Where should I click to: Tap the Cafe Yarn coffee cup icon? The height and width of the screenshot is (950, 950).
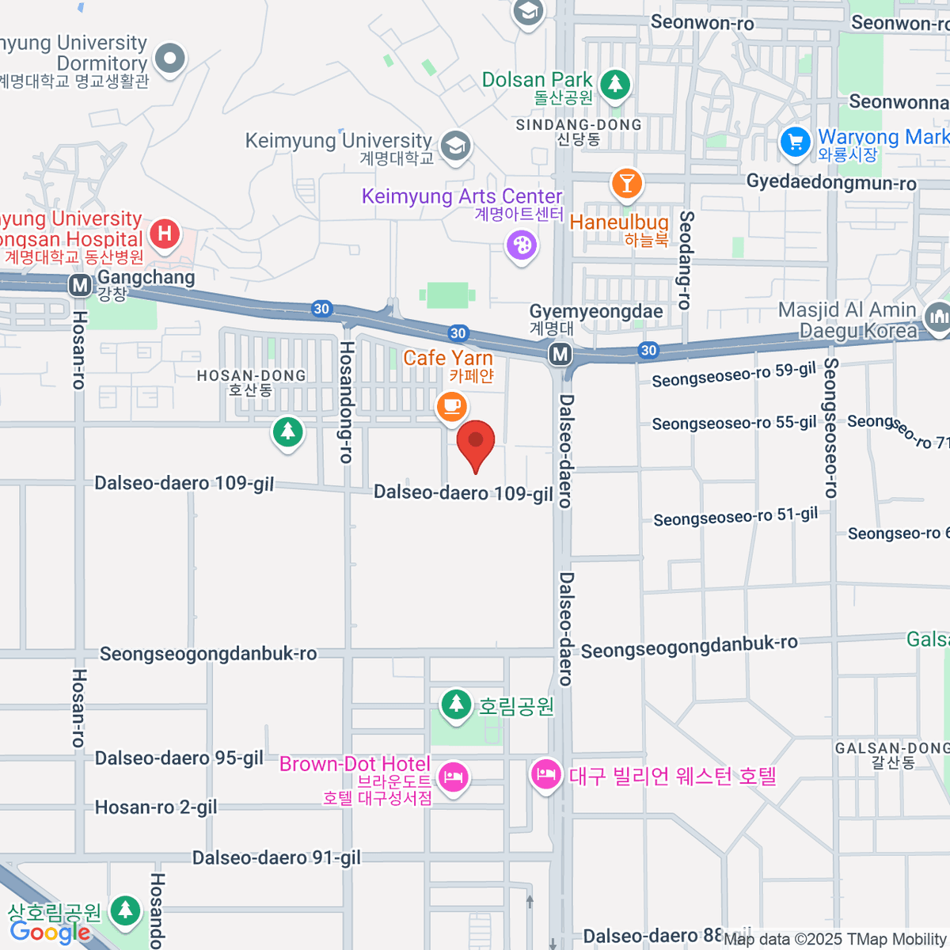[451, 406]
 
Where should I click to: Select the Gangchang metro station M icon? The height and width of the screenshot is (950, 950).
[80, 284]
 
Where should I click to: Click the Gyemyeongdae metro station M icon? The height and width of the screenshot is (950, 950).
[560, 354]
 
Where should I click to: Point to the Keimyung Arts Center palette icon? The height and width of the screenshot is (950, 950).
[522, 245]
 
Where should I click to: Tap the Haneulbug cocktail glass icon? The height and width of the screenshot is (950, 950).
[627, 184]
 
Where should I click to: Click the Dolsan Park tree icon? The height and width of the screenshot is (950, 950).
[614, 83]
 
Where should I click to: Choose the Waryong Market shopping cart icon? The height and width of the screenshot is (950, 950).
[796, 142]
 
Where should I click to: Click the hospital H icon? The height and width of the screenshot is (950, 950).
[165, 234]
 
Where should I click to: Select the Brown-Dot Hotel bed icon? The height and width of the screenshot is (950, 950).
[453, 777]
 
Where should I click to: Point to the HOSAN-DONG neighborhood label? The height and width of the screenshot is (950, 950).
[251, 382]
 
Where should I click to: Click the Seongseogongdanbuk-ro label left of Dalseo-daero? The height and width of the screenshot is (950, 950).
[208, 654]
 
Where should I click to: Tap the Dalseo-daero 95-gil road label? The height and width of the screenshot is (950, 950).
[179, 758]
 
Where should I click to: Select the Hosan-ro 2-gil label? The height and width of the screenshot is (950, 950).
[156, 807]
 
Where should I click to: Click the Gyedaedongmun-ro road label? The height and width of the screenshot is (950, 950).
[831, 184]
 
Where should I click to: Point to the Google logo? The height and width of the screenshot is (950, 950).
[50, 933]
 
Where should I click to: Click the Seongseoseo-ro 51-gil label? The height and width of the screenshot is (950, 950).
[735, 517]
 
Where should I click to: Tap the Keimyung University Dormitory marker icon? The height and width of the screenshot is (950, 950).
[169, 58]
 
